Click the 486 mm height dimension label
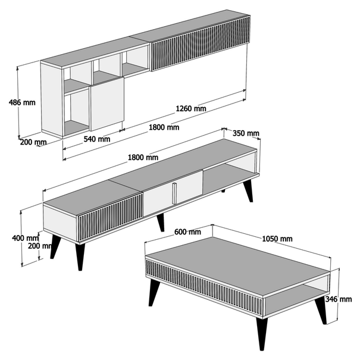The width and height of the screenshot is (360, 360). [22, 102]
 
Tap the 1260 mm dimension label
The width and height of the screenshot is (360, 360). [191, 108]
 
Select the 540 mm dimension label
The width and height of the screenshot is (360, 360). [97, 139]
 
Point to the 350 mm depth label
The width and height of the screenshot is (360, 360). [246, 133]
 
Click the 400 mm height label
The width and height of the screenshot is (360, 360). [25, 238]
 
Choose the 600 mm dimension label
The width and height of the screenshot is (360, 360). [187, 232]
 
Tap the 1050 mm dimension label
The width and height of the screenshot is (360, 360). [277, 239]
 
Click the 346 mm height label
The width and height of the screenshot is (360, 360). [339, 299]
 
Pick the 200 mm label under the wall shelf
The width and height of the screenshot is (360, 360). [33, 142]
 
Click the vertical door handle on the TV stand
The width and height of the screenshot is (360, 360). [174, 193]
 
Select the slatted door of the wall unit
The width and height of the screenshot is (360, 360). [200, 43]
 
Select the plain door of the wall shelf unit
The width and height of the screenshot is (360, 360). [107, 104]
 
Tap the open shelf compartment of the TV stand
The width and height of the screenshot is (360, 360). [230, 174]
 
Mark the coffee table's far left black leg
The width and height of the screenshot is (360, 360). [154, 292]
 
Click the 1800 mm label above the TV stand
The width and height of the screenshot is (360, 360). [143, 158]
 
